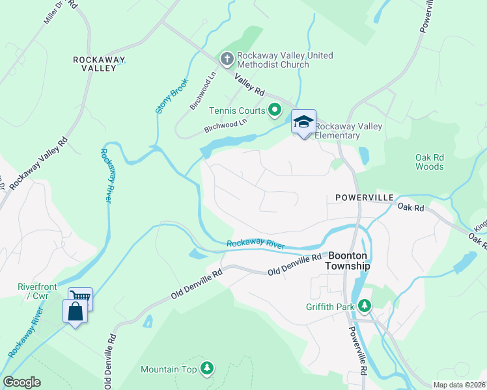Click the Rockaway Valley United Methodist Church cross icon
[227, 60]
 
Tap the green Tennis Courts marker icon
[275, 110]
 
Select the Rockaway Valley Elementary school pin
[303, 122]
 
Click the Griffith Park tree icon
[365, 305]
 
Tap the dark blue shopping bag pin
[75, 311]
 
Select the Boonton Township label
[348, 261]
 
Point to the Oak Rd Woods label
[429, 162]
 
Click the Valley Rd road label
[250, 83]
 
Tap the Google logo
[21, 382]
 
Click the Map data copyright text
[459, 385]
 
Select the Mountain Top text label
[169, 370]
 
